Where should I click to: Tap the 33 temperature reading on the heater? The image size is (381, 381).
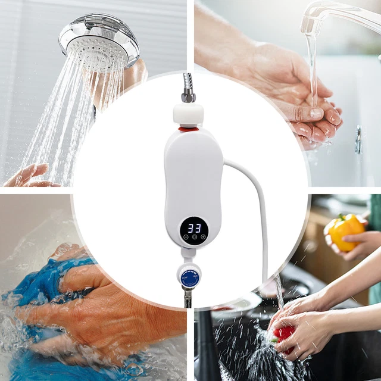coord(194,227)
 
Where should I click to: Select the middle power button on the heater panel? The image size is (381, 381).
coord(194,237)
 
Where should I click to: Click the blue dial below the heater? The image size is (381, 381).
coord(189,275)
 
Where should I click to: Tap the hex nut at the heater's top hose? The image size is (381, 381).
coord(188,97)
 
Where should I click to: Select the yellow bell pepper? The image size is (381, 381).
coord(345,232)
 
